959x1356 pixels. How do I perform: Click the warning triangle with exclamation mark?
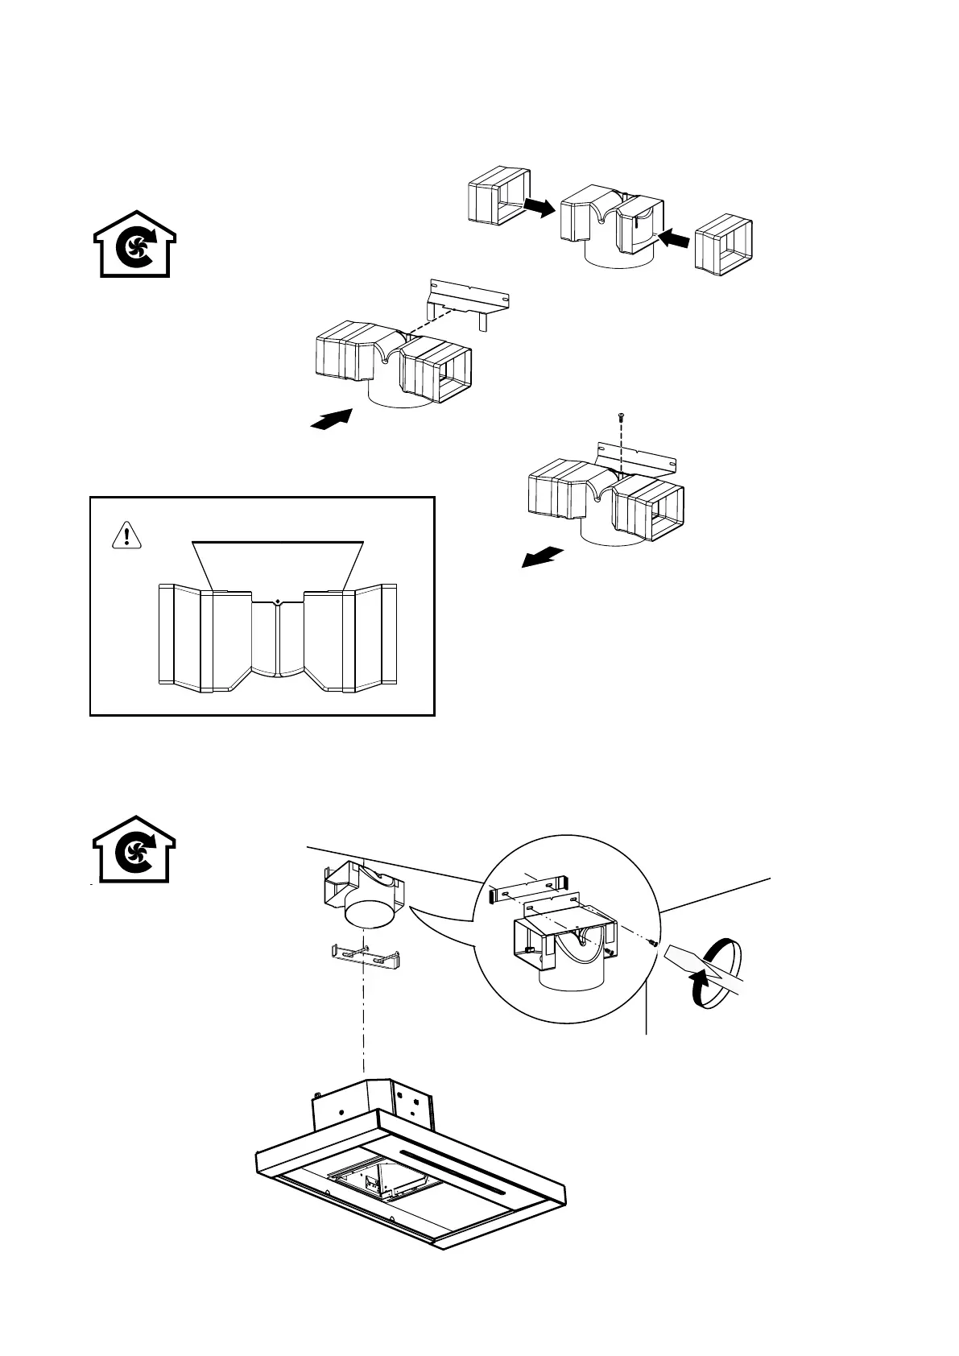(x=127, y=535)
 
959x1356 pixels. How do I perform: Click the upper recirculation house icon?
(x=135, y=245)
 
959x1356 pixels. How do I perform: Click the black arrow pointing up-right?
(x=333, y=420)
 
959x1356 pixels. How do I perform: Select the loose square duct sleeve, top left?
(x=498, y=196)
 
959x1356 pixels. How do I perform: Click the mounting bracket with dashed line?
(x=469, y=300)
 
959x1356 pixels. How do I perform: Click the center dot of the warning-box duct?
(x=277, y=602)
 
